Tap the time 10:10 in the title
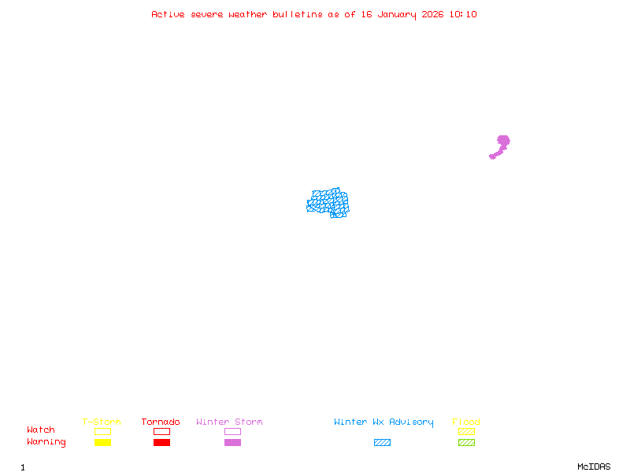click(463, 14)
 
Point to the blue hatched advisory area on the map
click(328, 203)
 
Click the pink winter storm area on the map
click(502, 142)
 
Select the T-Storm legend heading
click(102, 422)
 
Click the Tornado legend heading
click(161, 422)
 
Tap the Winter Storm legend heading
click(229, 422)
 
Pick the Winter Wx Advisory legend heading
click(384, 422)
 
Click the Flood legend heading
click(466, 422)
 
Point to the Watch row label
click(41, 430)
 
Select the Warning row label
click(46, 442)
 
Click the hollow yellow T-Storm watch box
click(102, 431)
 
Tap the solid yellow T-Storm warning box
click(102, 443)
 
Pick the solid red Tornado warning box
click(161, 443)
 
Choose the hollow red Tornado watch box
click(161, 431)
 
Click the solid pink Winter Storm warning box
click(232, 443)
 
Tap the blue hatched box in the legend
click(382, 443)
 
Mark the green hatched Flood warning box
click(466, 443)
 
